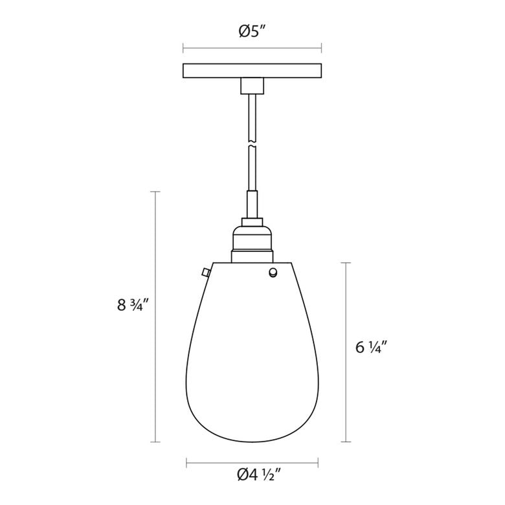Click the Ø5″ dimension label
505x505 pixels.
pyautogui.click(x=252, y=32)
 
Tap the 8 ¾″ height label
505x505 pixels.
pyautogui.click(x=133, y=304)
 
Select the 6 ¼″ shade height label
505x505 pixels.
pyautogui.click(x=371, y=347)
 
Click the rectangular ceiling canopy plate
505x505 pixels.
pyautogui.click(x=252, y=71)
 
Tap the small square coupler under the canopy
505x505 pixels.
pyautogui.click(x=252, y=86)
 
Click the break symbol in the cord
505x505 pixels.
pyautogui.click(x=252, y=143)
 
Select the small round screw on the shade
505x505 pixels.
pyautogui.click(x=273, y=273)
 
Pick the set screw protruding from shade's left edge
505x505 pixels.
pyautogui.click(x=205, y=273)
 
